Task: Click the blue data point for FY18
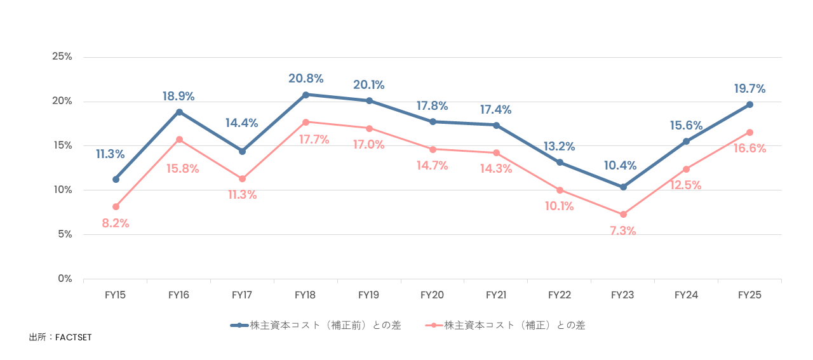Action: point(306,95)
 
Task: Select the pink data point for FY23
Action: point(623,215)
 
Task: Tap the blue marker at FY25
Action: point(749,104)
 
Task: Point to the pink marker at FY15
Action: point(116,206)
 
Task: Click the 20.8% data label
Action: point(306,79)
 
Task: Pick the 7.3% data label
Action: point(623,231)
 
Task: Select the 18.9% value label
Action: point(178,97)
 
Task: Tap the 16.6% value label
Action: point(749,149)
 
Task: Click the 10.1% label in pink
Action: point(560,206)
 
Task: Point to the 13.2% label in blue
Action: point(560,147)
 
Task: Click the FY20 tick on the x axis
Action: point(433,295)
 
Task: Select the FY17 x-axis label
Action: point(242,295)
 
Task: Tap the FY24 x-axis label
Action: point(686,295)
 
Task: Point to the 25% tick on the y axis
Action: point(62,57)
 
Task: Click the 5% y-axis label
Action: point(64,234)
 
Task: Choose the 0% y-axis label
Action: point(64,279)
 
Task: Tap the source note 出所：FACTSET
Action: point(60,337)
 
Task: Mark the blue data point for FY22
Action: point(560,163)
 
